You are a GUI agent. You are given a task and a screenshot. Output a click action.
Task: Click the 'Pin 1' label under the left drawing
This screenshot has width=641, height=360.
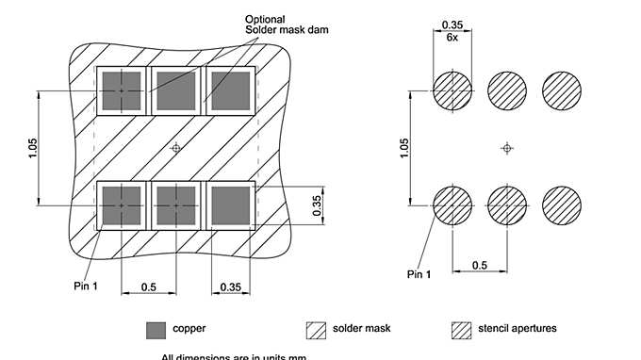point(86,284)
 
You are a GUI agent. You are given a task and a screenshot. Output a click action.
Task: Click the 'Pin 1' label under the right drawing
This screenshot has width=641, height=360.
point(419,274)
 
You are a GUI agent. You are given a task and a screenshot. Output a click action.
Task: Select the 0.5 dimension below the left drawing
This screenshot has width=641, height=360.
point(148,286)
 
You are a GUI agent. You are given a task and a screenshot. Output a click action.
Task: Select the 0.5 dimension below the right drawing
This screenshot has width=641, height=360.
point(480,268)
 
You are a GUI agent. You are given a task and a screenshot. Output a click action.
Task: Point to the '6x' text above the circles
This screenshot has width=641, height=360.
point(452,37)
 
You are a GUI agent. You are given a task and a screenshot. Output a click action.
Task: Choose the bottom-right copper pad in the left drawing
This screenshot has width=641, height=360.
point(229,205)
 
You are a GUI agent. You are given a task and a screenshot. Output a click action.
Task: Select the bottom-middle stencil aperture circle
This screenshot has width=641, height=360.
point(507,205)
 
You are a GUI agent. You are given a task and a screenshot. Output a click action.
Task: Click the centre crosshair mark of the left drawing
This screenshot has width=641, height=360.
point(175,148)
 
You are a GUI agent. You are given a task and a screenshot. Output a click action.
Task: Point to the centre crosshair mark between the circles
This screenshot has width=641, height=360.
point(507,148)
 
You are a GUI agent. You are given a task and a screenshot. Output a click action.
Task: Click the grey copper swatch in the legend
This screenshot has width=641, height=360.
point(156,330)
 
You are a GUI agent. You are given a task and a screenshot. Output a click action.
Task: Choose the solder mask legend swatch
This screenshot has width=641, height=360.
point(316,330)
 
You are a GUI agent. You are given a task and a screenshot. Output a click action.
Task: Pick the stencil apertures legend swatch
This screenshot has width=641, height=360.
point(461,330)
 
